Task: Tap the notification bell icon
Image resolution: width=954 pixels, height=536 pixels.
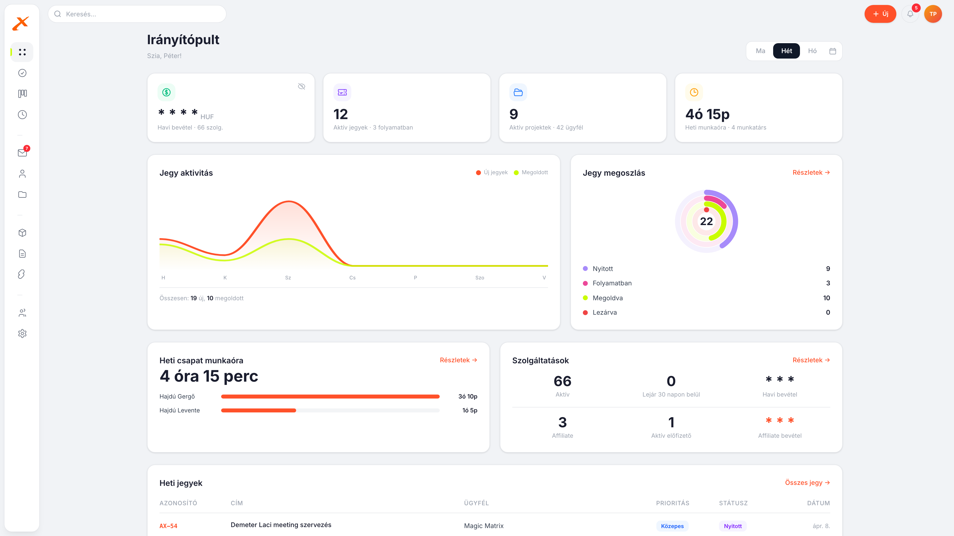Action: pos(910,14)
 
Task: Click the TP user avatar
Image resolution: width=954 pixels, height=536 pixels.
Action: pos(933,14)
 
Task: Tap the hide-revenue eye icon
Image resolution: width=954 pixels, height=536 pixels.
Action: pos(301,87)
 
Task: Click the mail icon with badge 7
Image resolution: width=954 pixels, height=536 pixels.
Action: pos(22,152)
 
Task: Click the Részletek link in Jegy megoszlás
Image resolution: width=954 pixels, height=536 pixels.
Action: pos(811,172)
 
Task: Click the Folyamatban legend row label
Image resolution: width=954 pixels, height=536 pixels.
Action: pos(612,283)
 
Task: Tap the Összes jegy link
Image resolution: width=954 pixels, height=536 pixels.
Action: pos(807,482)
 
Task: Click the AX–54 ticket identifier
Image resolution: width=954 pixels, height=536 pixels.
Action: pos(168,526)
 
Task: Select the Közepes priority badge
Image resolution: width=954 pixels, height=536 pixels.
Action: pos(672,526)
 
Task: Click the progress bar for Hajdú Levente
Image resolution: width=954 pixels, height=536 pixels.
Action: pos(330,410)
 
